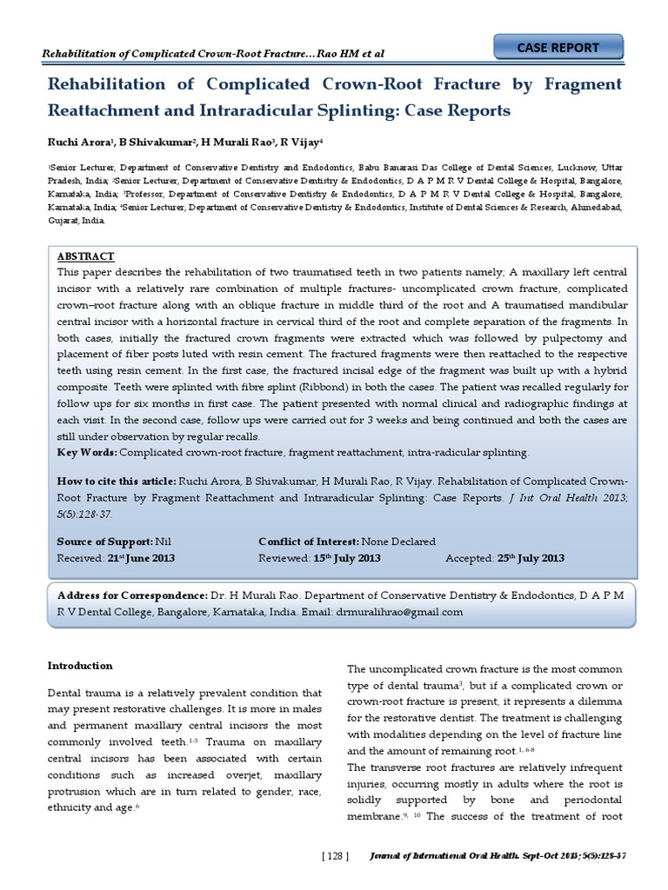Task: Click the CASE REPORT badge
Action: tap(558, 48)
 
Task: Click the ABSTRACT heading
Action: tap(84, 257)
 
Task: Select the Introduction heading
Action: tap(80, 666)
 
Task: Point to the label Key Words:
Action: tap(86, 453)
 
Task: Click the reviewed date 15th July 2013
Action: tap(347, 558)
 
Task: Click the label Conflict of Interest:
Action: tap(309, 541)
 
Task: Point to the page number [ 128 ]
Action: tap(335, 857)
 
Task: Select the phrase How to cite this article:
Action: tap(116, 480)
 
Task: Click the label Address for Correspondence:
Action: tap(132, 596)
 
